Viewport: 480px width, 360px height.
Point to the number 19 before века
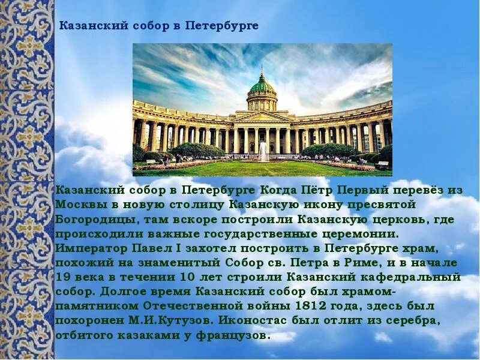coord(63,277)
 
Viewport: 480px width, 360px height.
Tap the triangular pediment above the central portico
coord(262,116)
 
